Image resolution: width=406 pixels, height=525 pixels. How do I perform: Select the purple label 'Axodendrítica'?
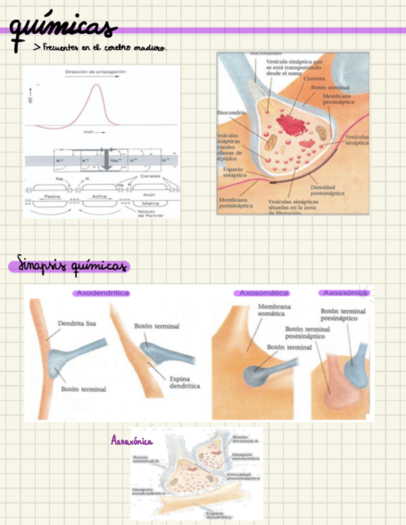[102, 293]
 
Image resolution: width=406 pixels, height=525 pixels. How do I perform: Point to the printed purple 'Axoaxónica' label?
[345, 293]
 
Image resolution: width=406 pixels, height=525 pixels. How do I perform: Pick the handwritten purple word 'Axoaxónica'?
[132, 441]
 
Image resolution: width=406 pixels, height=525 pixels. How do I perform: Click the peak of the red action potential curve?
[96, 85]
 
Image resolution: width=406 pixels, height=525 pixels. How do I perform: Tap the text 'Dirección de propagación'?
[95, 72]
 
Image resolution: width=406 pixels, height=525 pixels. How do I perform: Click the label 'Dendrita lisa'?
[77, 323]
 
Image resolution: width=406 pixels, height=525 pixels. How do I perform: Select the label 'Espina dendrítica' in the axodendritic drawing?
[184, 381]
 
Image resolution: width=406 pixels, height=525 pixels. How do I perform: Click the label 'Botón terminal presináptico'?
[343, 315]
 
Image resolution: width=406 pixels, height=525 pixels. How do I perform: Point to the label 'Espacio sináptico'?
[235, 171]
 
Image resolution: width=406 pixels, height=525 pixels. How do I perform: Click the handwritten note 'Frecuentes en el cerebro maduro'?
[100, 47]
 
